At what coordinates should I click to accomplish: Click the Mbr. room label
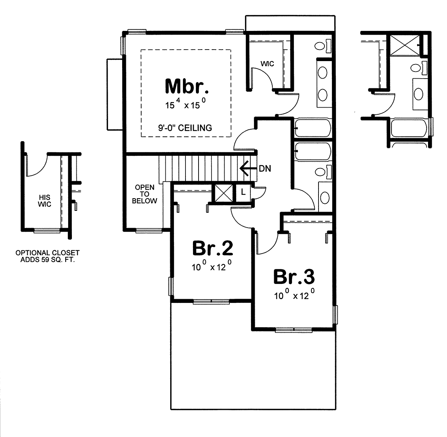187,86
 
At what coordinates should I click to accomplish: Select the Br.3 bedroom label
294,277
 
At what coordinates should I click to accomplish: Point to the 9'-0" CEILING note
185,128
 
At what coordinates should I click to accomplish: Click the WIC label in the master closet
267,64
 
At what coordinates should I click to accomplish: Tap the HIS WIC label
45,200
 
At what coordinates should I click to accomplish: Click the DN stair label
265,169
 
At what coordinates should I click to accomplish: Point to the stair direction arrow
248,168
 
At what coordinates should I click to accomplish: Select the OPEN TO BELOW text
145,194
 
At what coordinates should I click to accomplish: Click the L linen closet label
243,192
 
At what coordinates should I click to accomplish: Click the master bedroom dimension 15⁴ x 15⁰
186,104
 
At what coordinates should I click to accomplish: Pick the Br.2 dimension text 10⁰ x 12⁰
212,266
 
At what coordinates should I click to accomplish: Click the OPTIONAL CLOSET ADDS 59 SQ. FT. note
48,256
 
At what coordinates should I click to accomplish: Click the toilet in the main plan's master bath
323,45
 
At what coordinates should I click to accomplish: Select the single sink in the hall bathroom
325,197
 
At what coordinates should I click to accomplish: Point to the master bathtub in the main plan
313,128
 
